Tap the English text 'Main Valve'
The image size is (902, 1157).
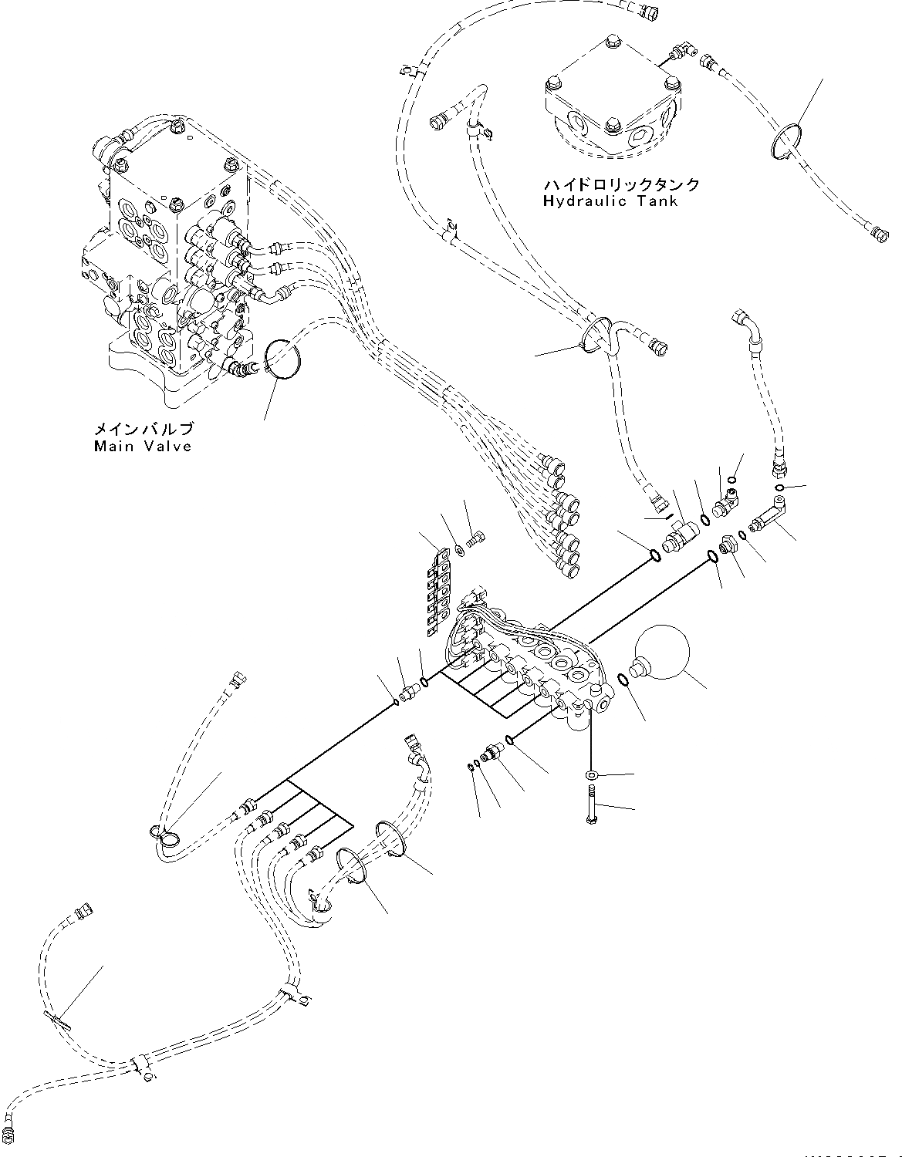coord(142,446)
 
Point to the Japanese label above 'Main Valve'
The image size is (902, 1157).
coord(144,429)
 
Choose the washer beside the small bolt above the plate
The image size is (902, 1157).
coord(459,548)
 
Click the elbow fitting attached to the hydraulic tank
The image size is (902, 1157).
coord(679,52)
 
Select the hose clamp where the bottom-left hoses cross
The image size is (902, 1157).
coord(141,1064)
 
